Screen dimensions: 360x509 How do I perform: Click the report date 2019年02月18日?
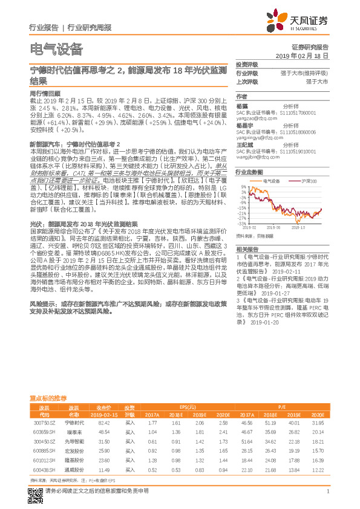306,55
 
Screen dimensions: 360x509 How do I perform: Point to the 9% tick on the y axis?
243,187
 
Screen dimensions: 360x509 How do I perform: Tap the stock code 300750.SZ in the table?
41,423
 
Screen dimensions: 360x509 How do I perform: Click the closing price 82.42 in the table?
104,423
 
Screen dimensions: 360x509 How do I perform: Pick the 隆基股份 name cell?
74,461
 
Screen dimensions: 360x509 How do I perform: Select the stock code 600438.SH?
41,470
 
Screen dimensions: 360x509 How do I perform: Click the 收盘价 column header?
104,407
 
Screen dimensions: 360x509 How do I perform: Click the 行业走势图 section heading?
249,172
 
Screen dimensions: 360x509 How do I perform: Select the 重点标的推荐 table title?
49,399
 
